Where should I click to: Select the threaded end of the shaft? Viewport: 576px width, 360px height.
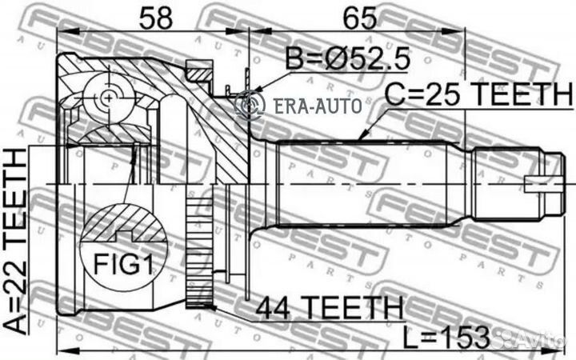coord(504,184)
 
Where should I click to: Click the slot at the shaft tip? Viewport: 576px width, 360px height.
coord(536,186)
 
